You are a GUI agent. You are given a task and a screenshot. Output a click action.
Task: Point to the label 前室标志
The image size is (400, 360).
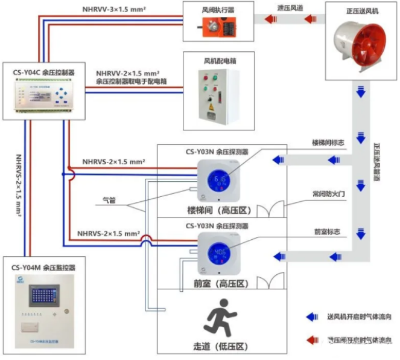[326, 231]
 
